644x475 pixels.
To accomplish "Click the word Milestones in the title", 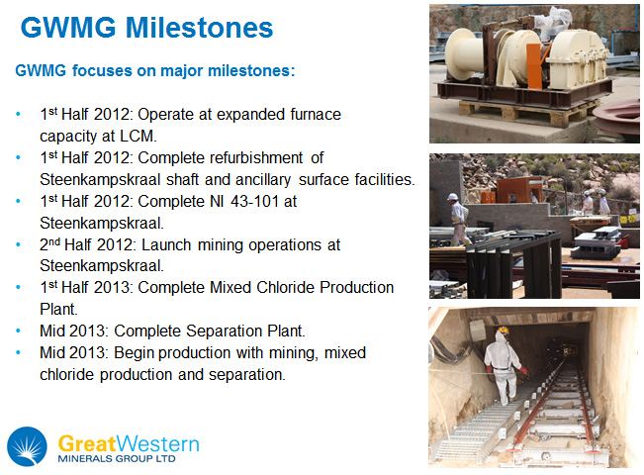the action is click(199, 28).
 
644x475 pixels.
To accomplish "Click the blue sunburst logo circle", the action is click(27, 446).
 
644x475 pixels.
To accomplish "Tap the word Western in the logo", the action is click(157, 444).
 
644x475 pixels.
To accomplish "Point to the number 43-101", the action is click(254, 201).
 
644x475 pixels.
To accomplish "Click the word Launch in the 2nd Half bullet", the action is click(166, 244).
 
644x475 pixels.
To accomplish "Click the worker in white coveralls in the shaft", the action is click(504, 366).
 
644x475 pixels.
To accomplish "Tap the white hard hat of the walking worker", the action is click(452, 197).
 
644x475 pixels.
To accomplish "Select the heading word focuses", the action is click(102, 70).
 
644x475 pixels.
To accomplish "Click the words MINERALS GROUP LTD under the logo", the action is click(117, 458).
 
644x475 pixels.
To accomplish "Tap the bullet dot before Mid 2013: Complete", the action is click(18, 331).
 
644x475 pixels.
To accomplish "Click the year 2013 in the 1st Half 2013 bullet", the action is click(112, 288).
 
